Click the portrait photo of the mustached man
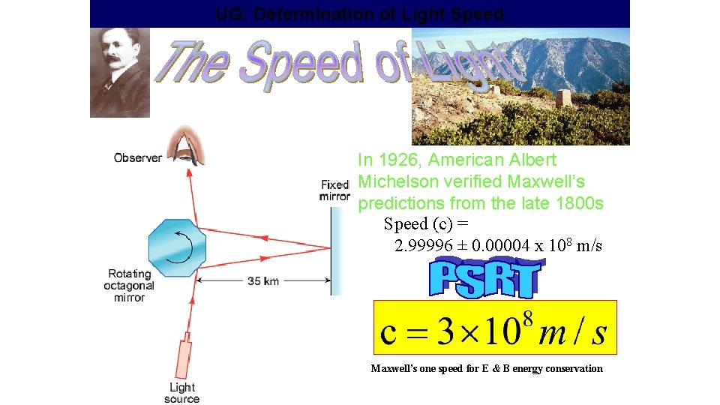(x=120, y=72)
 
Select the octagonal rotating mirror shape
(x=178, y=247)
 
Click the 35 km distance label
(x=262, y=281)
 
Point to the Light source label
(x=182, y=393)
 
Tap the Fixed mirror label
(x=334, y=190)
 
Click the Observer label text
(x=138, y=157)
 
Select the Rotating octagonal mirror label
(x=130, y=286)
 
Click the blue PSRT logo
(x=484, y=279)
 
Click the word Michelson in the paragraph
(x=397, y=181)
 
